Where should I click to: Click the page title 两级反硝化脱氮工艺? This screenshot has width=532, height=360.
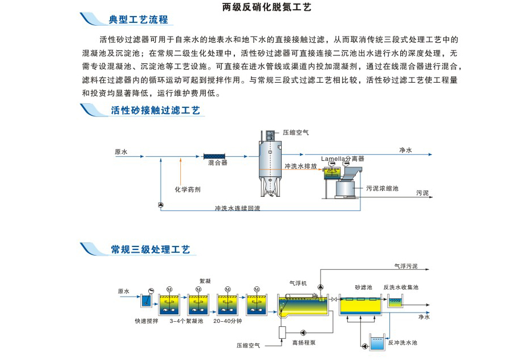266,7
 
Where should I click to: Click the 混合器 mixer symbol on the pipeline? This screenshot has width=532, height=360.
216,155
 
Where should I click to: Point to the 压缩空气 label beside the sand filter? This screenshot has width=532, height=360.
296,132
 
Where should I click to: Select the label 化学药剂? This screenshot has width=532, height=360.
187,189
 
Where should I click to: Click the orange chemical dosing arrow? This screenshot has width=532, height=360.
180,171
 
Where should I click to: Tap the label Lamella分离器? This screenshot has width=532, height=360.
342,159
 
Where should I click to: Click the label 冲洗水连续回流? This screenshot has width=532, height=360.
237,208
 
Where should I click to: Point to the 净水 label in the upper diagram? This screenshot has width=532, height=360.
405,151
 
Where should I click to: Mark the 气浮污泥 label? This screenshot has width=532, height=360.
406,266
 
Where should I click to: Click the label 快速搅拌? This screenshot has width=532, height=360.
147,321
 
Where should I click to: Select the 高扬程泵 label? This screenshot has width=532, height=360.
304,343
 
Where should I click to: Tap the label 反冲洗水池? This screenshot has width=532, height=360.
403,343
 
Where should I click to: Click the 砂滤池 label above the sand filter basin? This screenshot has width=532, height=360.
363,288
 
